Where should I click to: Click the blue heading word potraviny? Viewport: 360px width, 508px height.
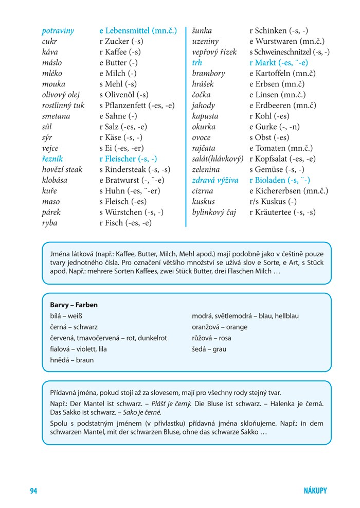coord(58,31)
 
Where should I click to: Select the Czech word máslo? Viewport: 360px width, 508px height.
coord(52,63)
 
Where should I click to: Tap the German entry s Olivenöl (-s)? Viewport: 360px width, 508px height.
coord(123,95)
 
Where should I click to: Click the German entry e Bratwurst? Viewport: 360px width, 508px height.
coord(132,180)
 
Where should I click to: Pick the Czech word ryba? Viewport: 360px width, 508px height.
coord(50,223)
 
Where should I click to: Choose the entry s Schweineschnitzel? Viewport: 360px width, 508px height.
coord(289,52)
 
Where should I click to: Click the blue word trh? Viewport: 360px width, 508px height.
coord(197,63)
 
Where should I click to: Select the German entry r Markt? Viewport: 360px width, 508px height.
coord(278,63)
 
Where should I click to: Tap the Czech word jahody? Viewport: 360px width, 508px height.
coord(204,106)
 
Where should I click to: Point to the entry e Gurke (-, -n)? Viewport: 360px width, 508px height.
coord(275,127)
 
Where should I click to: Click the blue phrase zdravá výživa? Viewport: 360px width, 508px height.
coord(215,180)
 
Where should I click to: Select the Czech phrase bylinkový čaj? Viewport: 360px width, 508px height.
coord(214,212)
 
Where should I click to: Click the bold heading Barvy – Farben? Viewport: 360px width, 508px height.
coord(74,305)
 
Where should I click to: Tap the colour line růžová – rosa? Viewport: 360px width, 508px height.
coord(211,338)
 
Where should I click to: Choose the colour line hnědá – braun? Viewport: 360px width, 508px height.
coord(72,360)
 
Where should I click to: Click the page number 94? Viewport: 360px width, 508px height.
coord(33,491)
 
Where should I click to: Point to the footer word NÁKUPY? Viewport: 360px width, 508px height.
coord(315,491)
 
